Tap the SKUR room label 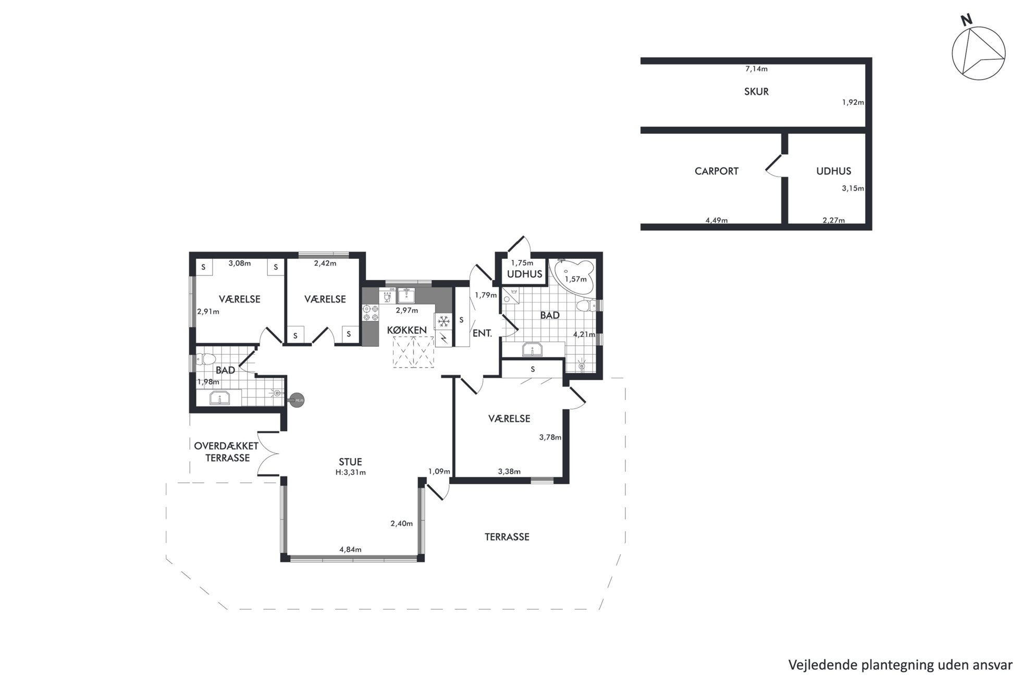click(x=756, y=92)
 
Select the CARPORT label click(x=717, y=171)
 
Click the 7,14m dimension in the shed click(x=756, y=69)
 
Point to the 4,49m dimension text click(x=717, y=220)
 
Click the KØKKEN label click(x=407, y=330)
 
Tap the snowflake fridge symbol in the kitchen click(x=444, y=321)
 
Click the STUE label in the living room click(x=350, y=462)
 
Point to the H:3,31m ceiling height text click(x=351, y=473)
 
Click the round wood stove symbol click(x=297, y=400)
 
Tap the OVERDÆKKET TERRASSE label click(x=227, y=452)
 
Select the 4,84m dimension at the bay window click(x=350, y=549)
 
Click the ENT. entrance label click(x=482, y=333)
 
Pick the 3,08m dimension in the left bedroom click(x=240, y=264)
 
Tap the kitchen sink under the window click(x=406, y=296)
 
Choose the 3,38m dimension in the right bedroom click(x=509, y=472)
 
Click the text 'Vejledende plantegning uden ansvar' click(x=900, y=665)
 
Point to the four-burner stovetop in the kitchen click(x=371, y=312)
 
